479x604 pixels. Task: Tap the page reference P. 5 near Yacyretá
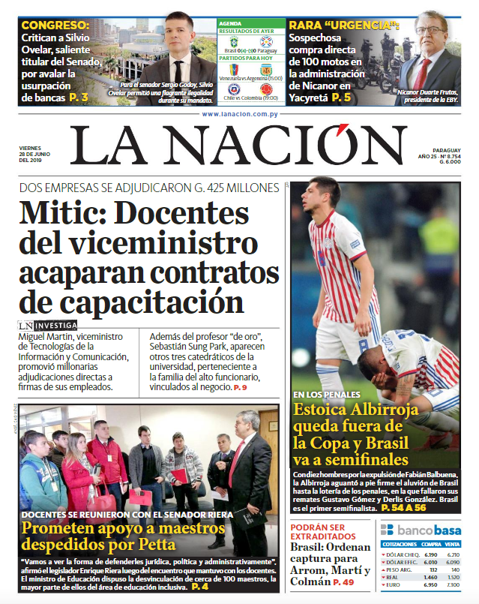click(341, 97)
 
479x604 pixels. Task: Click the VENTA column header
click(452, 544)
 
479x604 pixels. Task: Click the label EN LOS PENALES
click(327, 394)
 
